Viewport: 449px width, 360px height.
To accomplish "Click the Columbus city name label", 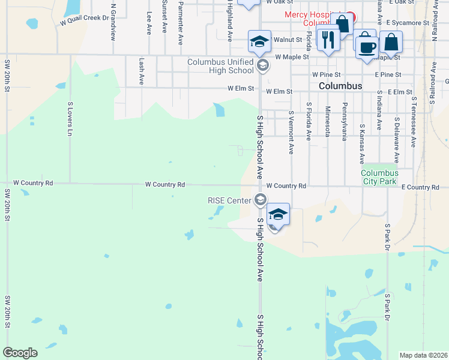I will tap(340, 86).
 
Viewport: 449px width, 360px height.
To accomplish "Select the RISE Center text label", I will tap(230, 200).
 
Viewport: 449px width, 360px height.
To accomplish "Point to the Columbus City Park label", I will tap(379, 176).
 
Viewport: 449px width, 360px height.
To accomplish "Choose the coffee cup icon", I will tap(367, 46).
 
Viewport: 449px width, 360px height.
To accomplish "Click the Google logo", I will tap(20, 353).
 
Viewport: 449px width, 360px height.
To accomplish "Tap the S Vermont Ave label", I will tap(291, 132).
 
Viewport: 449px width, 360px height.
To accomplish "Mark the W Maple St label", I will tap(292, 57).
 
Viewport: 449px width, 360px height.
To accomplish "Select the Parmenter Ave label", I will tap(180, 23).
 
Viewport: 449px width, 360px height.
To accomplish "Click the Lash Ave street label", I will tap(142, 71).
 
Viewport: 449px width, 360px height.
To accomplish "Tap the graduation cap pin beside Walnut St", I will tap(259, 41).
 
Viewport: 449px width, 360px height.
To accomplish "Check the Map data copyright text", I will tap(423, 355).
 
